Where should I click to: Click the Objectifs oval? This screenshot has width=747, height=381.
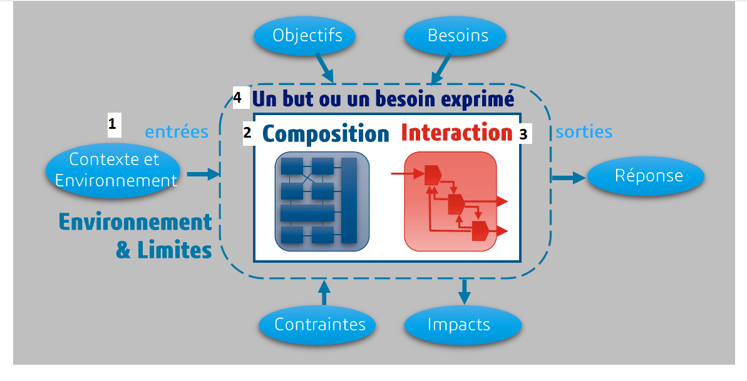point(307,35)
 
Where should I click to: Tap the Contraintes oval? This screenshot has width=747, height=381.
point(320,325)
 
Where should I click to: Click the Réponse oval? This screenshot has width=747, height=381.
point(648,175)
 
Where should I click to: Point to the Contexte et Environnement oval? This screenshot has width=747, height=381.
point(114,170)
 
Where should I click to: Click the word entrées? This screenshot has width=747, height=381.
point(177,132)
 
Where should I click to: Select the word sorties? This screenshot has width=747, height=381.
point(584,132)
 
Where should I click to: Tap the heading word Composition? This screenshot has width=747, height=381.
point(325,133)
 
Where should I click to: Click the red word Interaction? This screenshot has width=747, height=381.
point(456,133)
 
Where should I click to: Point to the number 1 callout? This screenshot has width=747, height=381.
point(112,124)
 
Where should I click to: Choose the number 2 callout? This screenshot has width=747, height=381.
point(247,133)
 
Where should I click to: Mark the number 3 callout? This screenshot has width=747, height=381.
point(523,133)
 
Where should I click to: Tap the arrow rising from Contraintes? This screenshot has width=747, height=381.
point(324,293)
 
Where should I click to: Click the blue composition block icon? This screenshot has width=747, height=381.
point(322,200)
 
